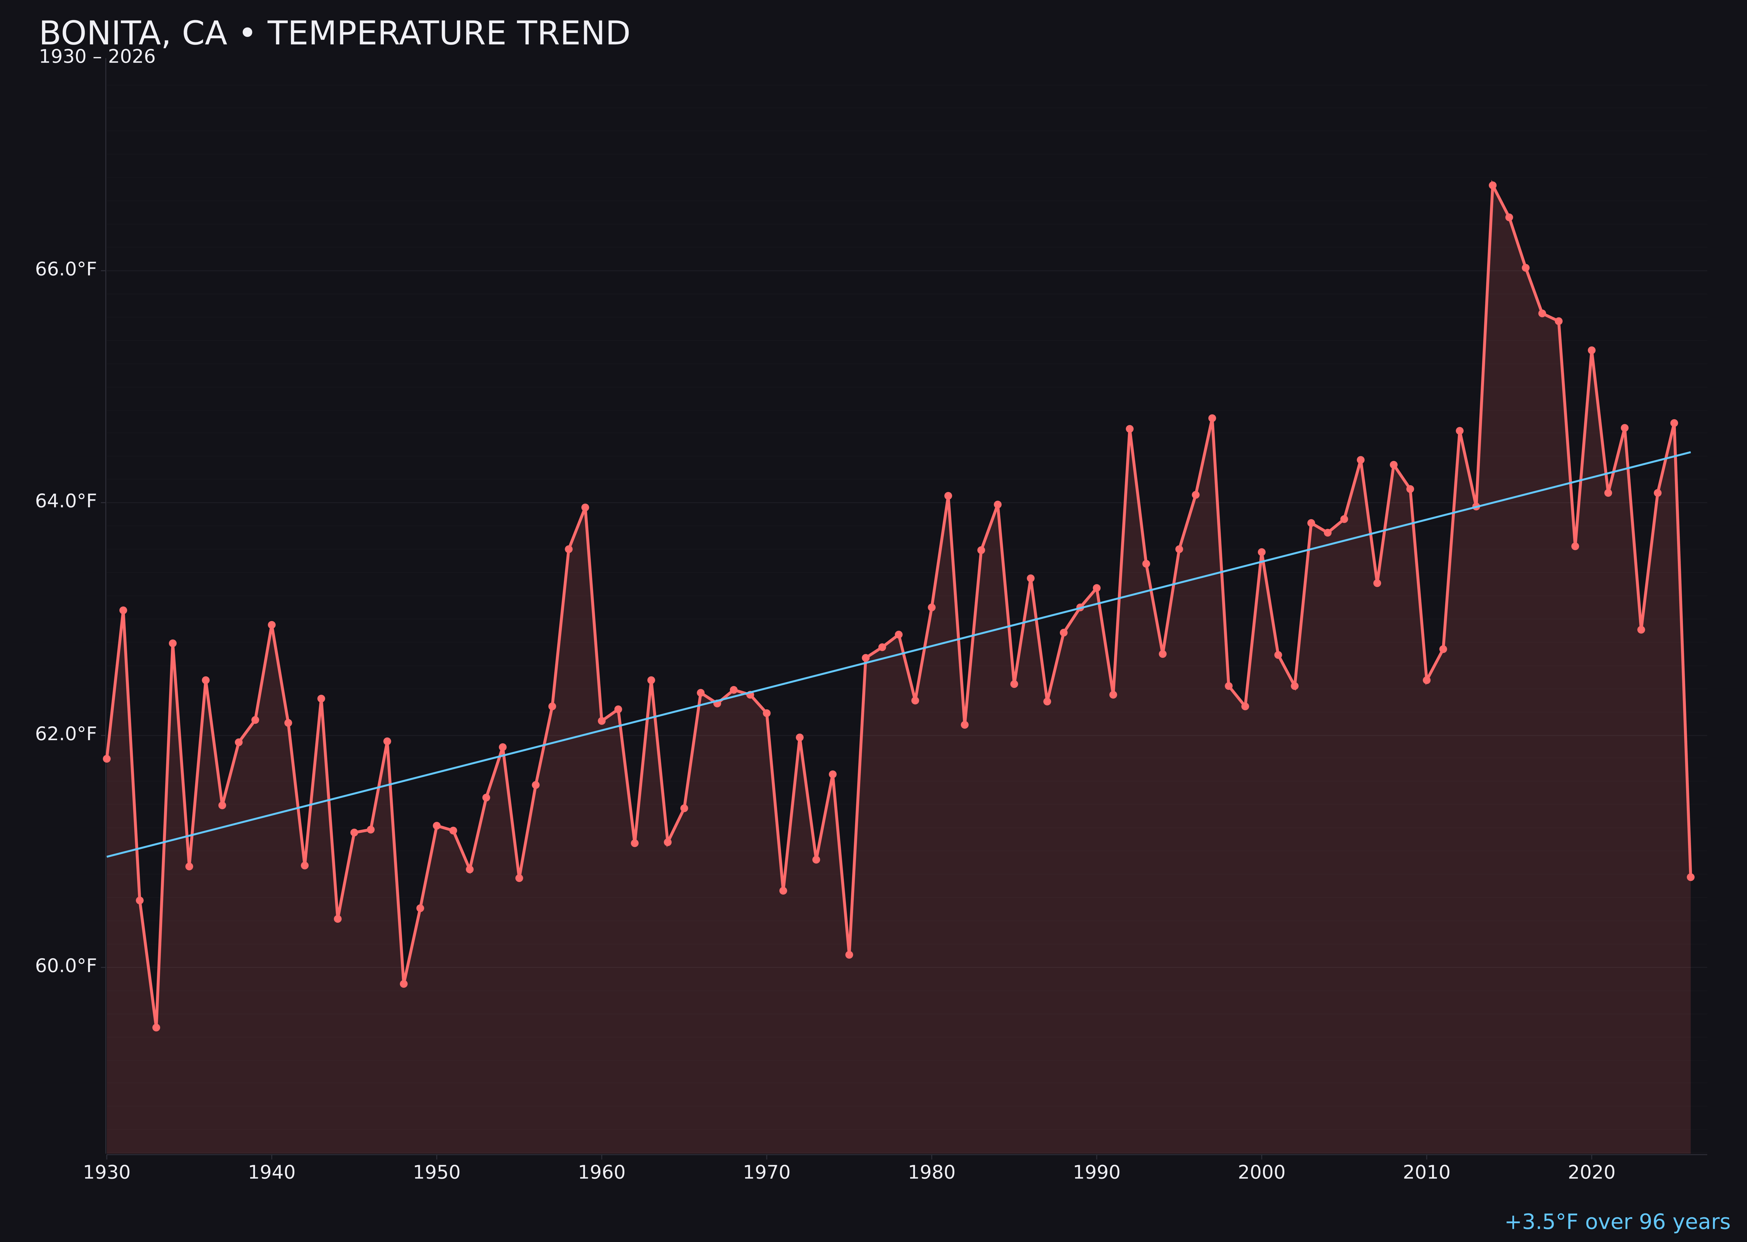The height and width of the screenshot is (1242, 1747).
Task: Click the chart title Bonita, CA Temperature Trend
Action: click(x=334, y=34)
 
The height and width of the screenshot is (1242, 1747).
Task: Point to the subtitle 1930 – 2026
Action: click(x=97, y=57)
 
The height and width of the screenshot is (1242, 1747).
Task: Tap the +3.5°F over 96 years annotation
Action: click(x=1617, y=1221)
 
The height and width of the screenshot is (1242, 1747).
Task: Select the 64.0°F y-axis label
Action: click(x=66, y=501)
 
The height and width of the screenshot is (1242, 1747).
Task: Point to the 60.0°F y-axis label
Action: click(x=66, y=966)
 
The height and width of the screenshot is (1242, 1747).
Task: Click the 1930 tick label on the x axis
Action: click(x=106, y=1173)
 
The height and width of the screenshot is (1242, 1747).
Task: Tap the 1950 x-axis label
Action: click(x=437, y=1173)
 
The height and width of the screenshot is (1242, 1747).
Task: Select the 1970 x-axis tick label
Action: click(x=766, y=1173)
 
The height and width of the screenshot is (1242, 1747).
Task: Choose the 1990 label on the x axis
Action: click(x=1097, y=1173)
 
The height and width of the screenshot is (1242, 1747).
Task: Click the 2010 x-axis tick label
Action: click(x=1426, y=1173)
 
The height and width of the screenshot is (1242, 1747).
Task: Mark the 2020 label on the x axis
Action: click(x=1592, y=1173)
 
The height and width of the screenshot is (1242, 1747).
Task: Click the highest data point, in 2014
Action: click(x=1492, y=185)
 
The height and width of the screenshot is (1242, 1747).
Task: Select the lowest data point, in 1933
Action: click(x=156, y=1027)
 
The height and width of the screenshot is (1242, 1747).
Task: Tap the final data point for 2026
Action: click(x=1690, y=877)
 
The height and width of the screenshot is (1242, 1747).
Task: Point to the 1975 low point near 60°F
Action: click(x=849, y=955)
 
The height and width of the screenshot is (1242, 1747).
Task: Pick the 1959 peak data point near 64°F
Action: click(x=585, y=507)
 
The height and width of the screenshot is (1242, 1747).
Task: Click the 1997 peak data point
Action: click(x=1212, y=418)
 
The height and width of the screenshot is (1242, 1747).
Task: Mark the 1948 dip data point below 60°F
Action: click(x=404, y=983)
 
